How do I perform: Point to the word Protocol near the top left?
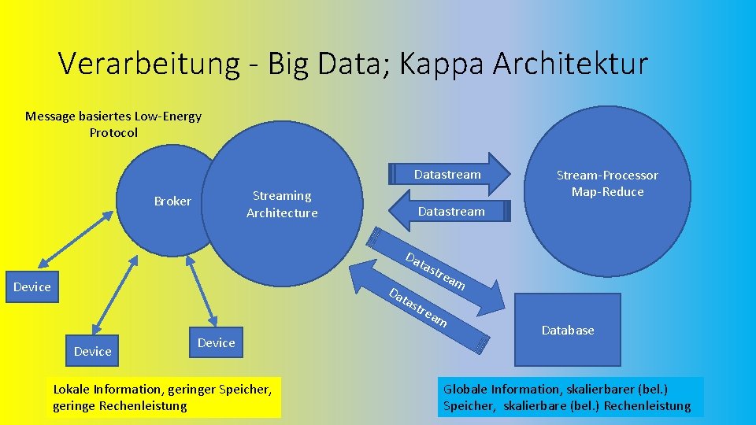[113, 132]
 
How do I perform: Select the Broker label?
[172, 201]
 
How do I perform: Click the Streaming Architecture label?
[282, 204]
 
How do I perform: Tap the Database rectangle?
[567, 330]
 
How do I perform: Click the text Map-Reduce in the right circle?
[607, 192]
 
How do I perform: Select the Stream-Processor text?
[607, 175]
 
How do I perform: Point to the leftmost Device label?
[32, 287]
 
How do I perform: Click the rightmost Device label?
[216, 342]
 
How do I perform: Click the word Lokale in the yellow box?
[72, 389]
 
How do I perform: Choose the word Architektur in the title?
[570, 64]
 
